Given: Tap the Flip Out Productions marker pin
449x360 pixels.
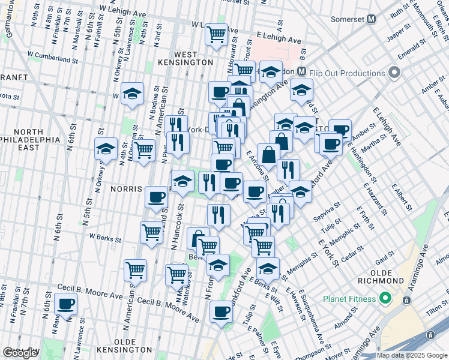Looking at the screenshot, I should coord(394,74).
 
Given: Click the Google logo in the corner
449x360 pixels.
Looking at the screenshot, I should coord(21,353).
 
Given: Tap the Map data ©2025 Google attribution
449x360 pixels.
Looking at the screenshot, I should coord(412,355).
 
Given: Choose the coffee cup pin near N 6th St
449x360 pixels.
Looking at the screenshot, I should coord(66,304).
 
